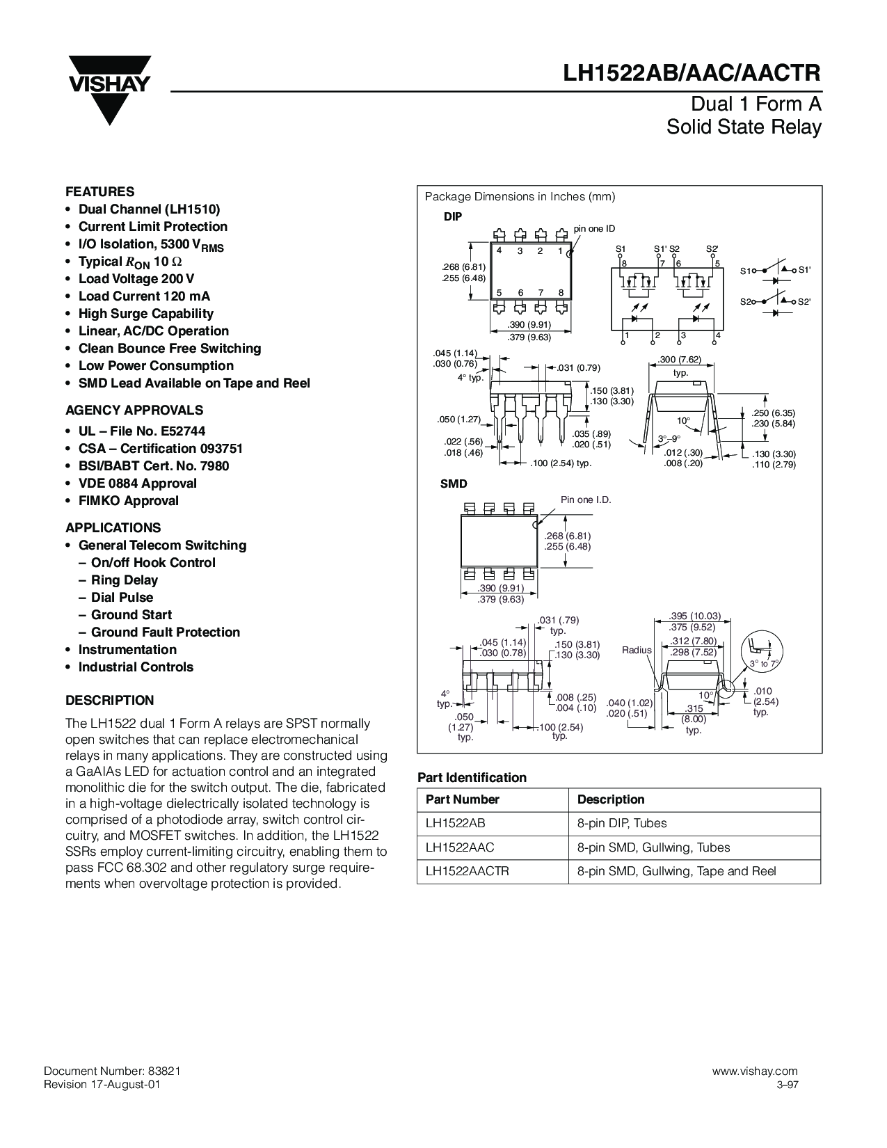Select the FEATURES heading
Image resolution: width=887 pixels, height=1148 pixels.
[x=99, y=191]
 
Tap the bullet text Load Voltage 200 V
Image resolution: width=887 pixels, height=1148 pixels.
[x=136, y=278]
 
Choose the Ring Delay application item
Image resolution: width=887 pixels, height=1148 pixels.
[x=124, y=580]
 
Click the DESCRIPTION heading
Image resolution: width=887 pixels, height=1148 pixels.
[x=109, y=700]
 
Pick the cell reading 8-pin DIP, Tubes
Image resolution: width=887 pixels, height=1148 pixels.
[x=622, y=823]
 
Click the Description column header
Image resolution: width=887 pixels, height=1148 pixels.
[x=611, y=799]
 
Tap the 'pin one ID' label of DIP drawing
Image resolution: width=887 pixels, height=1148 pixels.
[x=594, y=229]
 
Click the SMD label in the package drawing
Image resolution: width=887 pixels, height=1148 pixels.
[x=454, y=484]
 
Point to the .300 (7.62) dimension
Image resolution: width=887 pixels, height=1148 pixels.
[x=680, y=359]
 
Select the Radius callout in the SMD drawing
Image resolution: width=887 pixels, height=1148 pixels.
[x=636, y=650]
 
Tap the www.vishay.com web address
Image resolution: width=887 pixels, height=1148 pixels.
[x=755, y=1071]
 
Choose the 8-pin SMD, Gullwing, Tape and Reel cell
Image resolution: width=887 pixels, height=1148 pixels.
[x=676, y=871]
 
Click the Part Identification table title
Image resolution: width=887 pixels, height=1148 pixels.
[x=472, y=777]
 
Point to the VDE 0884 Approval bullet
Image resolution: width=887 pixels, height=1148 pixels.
[x=137, y=483]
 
